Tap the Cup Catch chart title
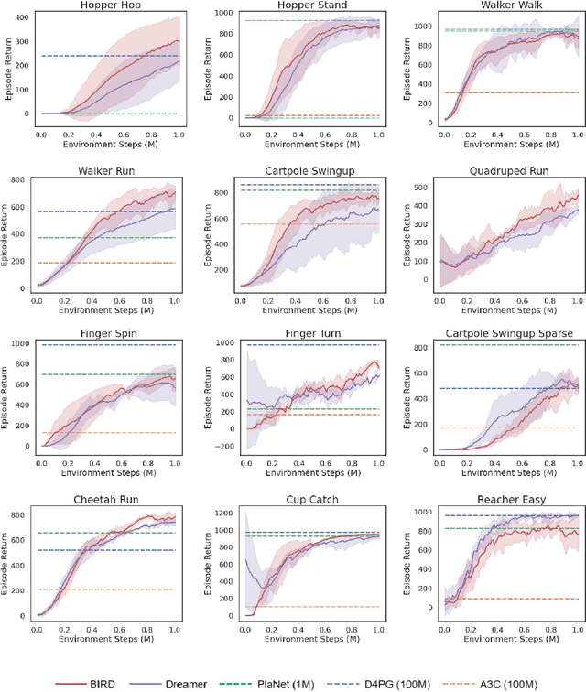tap(299, 500)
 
